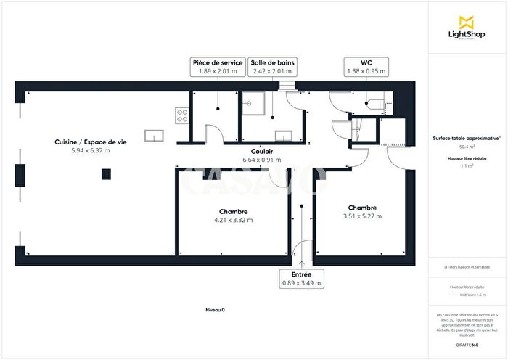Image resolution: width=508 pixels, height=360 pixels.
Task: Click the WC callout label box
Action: click(x=366, y=67)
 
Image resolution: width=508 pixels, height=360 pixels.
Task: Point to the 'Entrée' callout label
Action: click(x=301, y=279)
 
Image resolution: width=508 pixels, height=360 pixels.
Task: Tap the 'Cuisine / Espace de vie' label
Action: click(x=90, y=142)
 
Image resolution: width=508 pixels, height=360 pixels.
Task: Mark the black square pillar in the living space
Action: click(x=106, y=173)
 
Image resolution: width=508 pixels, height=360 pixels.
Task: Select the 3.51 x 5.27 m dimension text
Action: click(x=361, y=216)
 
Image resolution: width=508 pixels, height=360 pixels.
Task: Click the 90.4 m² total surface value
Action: click(x=466, y=146)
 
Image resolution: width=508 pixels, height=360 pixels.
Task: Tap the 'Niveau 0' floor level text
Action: click(x=215, y=310)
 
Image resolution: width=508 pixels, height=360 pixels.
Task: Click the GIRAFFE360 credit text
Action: click(x=467, y=344)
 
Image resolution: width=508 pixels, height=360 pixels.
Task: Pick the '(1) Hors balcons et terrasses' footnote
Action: click(x=467, y=267)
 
